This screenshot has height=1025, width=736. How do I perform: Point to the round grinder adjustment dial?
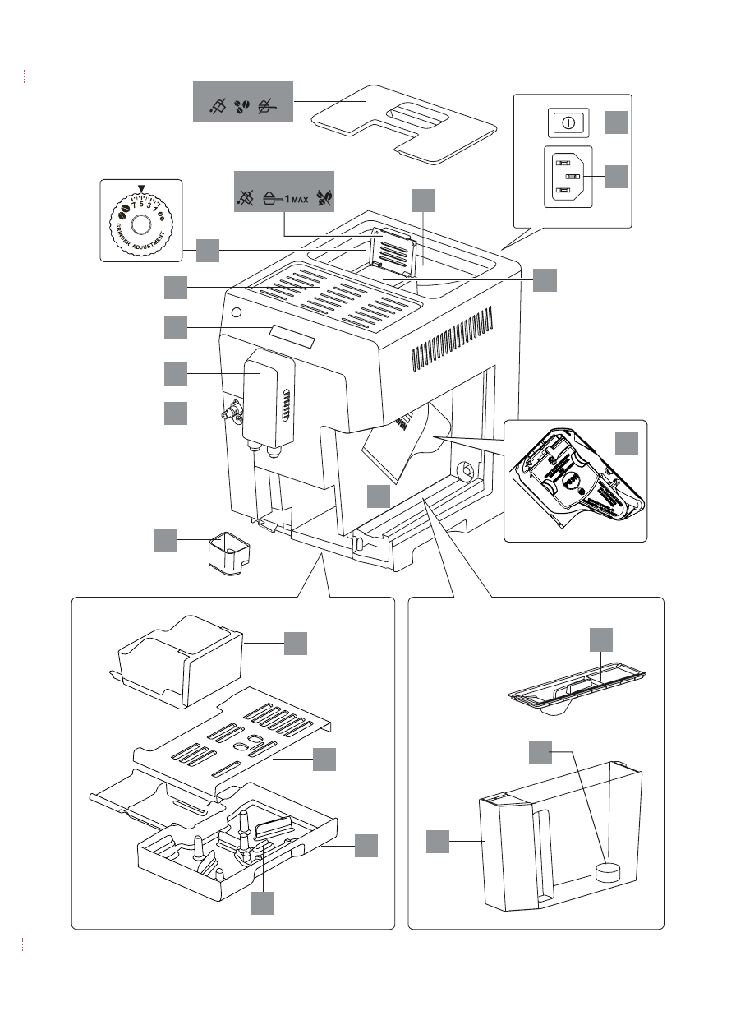click(140, 225)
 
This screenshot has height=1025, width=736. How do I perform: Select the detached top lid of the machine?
click(402, 122)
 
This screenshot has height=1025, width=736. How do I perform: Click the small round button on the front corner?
click(237, 313)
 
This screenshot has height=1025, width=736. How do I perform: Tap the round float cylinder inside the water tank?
click(609, 871)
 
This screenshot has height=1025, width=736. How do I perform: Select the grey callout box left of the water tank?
click(438, 841)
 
